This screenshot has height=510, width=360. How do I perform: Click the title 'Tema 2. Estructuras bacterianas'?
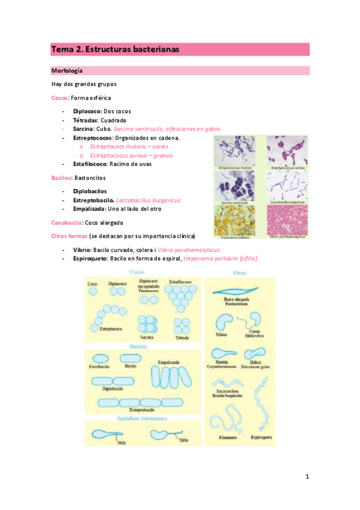point(115,49)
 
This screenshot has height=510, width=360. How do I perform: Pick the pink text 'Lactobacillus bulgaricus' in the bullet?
point(148,200)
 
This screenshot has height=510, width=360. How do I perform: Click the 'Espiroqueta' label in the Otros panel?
point(259,438)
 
